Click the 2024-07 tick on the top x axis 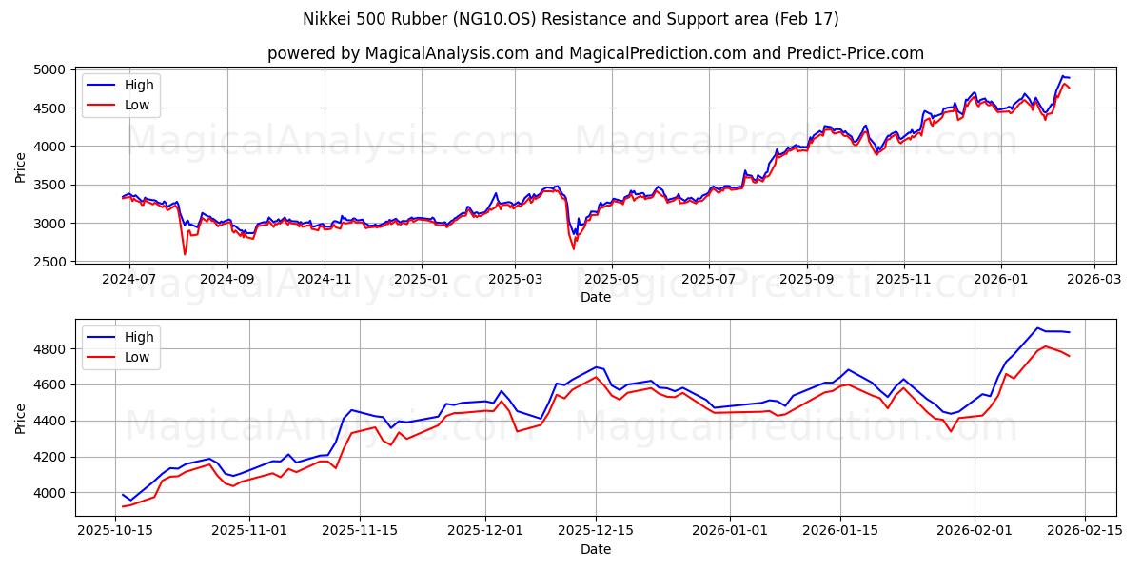[128, 279]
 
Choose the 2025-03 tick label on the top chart [514, 279]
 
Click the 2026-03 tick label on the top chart [1093, 279]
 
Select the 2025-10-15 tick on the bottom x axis [116, 530]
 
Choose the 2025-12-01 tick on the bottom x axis [485, 530]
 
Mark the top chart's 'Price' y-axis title [21, 166]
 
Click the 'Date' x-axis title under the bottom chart [595, 549]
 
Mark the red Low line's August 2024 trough [185, 254]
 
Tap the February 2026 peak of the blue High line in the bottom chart [1037, 328]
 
